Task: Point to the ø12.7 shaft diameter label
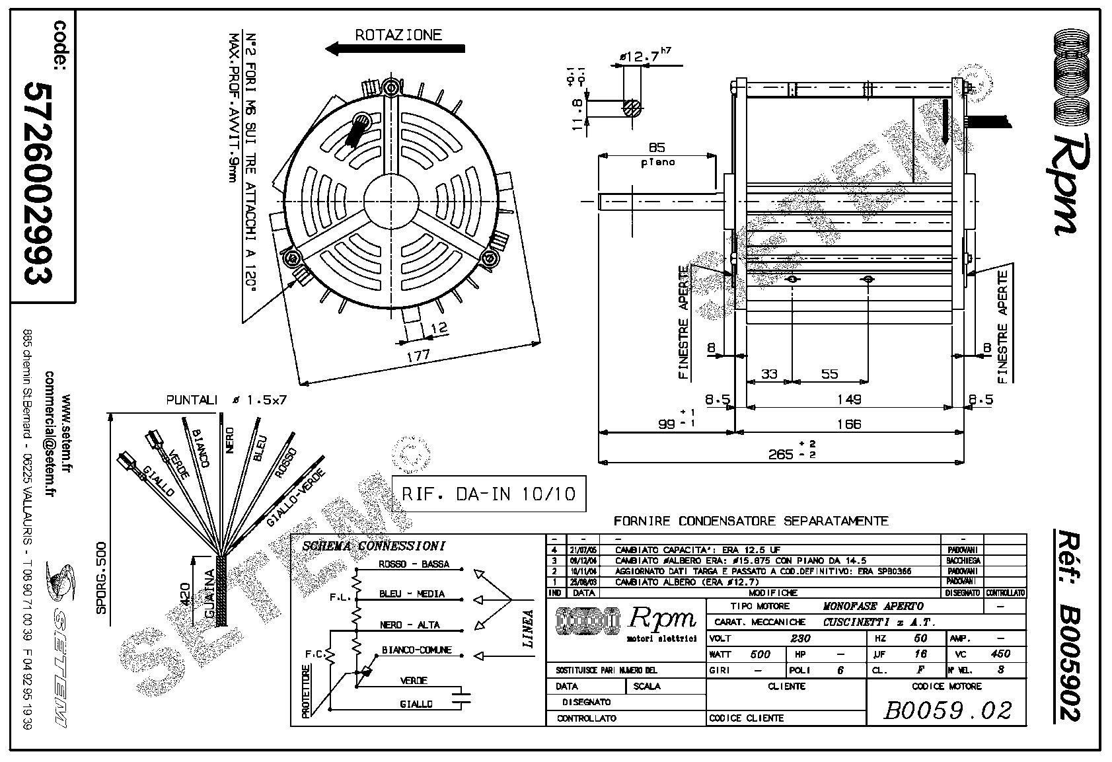pos(640,57)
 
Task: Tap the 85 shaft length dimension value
pos(656,147)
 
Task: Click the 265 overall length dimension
pos(780,454)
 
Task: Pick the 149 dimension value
pos(848,399)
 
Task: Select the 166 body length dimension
pos(848,424)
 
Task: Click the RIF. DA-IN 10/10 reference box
pos(488,494)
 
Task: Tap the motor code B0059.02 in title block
pos(947,710)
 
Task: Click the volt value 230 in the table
pos(800,638)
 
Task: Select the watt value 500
pos(760,654)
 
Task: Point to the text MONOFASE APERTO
pos(873,606)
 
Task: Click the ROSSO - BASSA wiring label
pos(414,564)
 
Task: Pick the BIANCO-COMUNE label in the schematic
pos(416,650)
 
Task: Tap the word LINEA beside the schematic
pos(528,629)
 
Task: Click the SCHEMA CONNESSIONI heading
pos(373,547)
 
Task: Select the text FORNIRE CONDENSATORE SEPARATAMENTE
pos(751,521)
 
